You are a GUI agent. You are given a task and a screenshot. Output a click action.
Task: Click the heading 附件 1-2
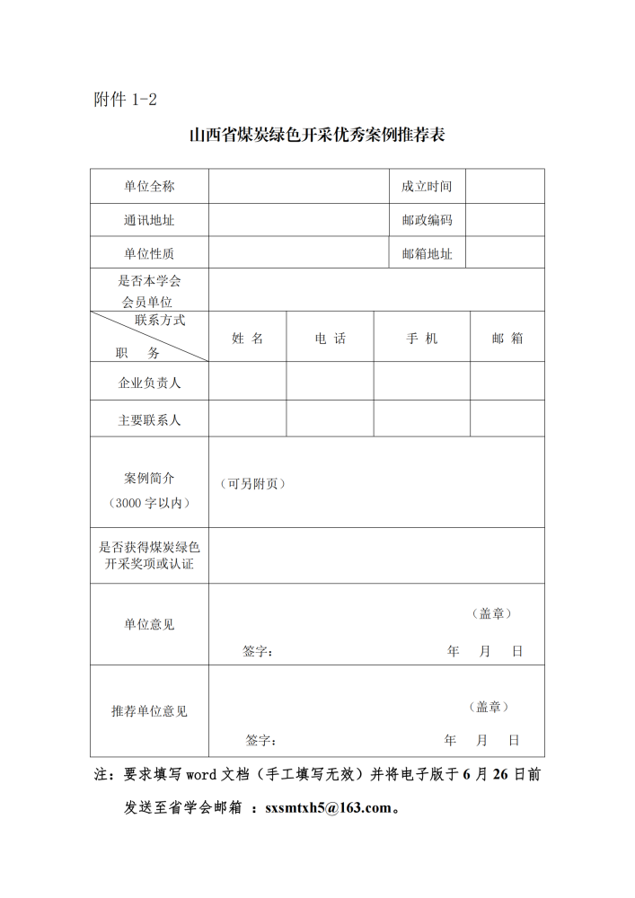tap(125, 100)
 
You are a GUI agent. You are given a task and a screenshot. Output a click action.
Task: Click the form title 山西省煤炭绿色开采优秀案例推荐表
tap(317, 136)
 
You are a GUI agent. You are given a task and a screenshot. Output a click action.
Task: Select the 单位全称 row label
tap(149, 187)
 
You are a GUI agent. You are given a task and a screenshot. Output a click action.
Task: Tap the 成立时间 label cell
tap(427, 187)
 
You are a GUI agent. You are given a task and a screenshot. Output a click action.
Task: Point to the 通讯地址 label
tap(149, 220)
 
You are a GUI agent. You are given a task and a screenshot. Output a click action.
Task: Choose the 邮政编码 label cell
tap(427, 220)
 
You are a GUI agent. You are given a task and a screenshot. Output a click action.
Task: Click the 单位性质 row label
tap(149, 254)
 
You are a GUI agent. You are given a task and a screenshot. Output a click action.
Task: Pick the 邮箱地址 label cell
tap(427, 254)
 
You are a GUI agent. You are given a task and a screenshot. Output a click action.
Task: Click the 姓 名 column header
tap(247, 339)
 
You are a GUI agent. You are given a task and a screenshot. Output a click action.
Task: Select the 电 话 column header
tap(330, 339)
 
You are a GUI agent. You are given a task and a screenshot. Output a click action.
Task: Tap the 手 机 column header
tap(421, 339)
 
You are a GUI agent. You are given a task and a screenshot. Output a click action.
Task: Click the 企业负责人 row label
tap(149, 383)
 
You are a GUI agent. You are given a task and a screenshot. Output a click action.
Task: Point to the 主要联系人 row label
tap(149, 419)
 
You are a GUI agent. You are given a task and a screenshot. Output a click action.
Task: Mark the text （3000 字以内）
tap(149, 503)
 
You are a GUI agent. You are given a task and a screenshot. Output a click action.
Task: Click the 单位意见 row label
tap(149, 624)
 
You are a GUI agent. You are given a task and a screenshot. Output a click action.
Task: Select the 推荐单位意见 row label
tap(149, 711)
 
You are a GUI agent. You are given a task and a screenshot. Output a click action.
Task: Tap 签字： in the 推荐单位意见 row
tap(260, 741)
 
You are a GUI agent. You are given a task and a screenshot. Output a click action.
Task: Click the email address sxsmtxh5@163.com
tap(329, 807)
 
